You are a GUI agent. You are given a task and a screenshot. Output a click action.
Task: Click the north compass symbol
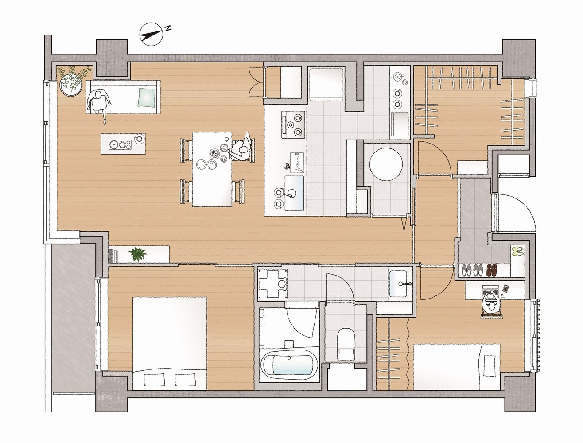pyautogui.click(x=151, y=33)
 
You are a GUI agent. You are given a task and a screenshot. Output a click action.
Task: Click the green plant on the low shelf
pyautogui.click(x=137, y=254)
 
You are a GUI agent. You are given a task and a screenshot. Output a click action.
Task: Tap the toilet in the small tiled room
pyautogui.click(x=346, y=344)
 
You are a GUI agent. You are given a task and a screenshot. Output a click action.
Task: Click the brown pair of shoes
pyautogui.click(x=491, y=270)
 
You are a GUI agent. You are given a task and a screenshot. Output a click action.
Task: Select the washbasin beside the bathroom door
pyautogui.click(x=398, y=284)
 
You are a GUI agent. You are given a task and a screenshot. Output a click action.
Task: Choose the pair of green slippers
pyautogui.click(x=517, y=251)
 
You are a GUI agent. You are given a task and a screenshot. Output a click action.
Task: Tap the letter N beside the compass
pyautogui.click(x=168, y=28)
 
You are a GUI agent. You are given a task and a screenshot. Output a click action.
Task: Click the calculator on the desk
pyautogui.click(x=506, y=288)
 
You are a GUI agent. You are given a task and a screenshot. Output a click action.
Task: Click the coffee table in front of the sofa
pyautogui.click(x=123, y=144)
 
